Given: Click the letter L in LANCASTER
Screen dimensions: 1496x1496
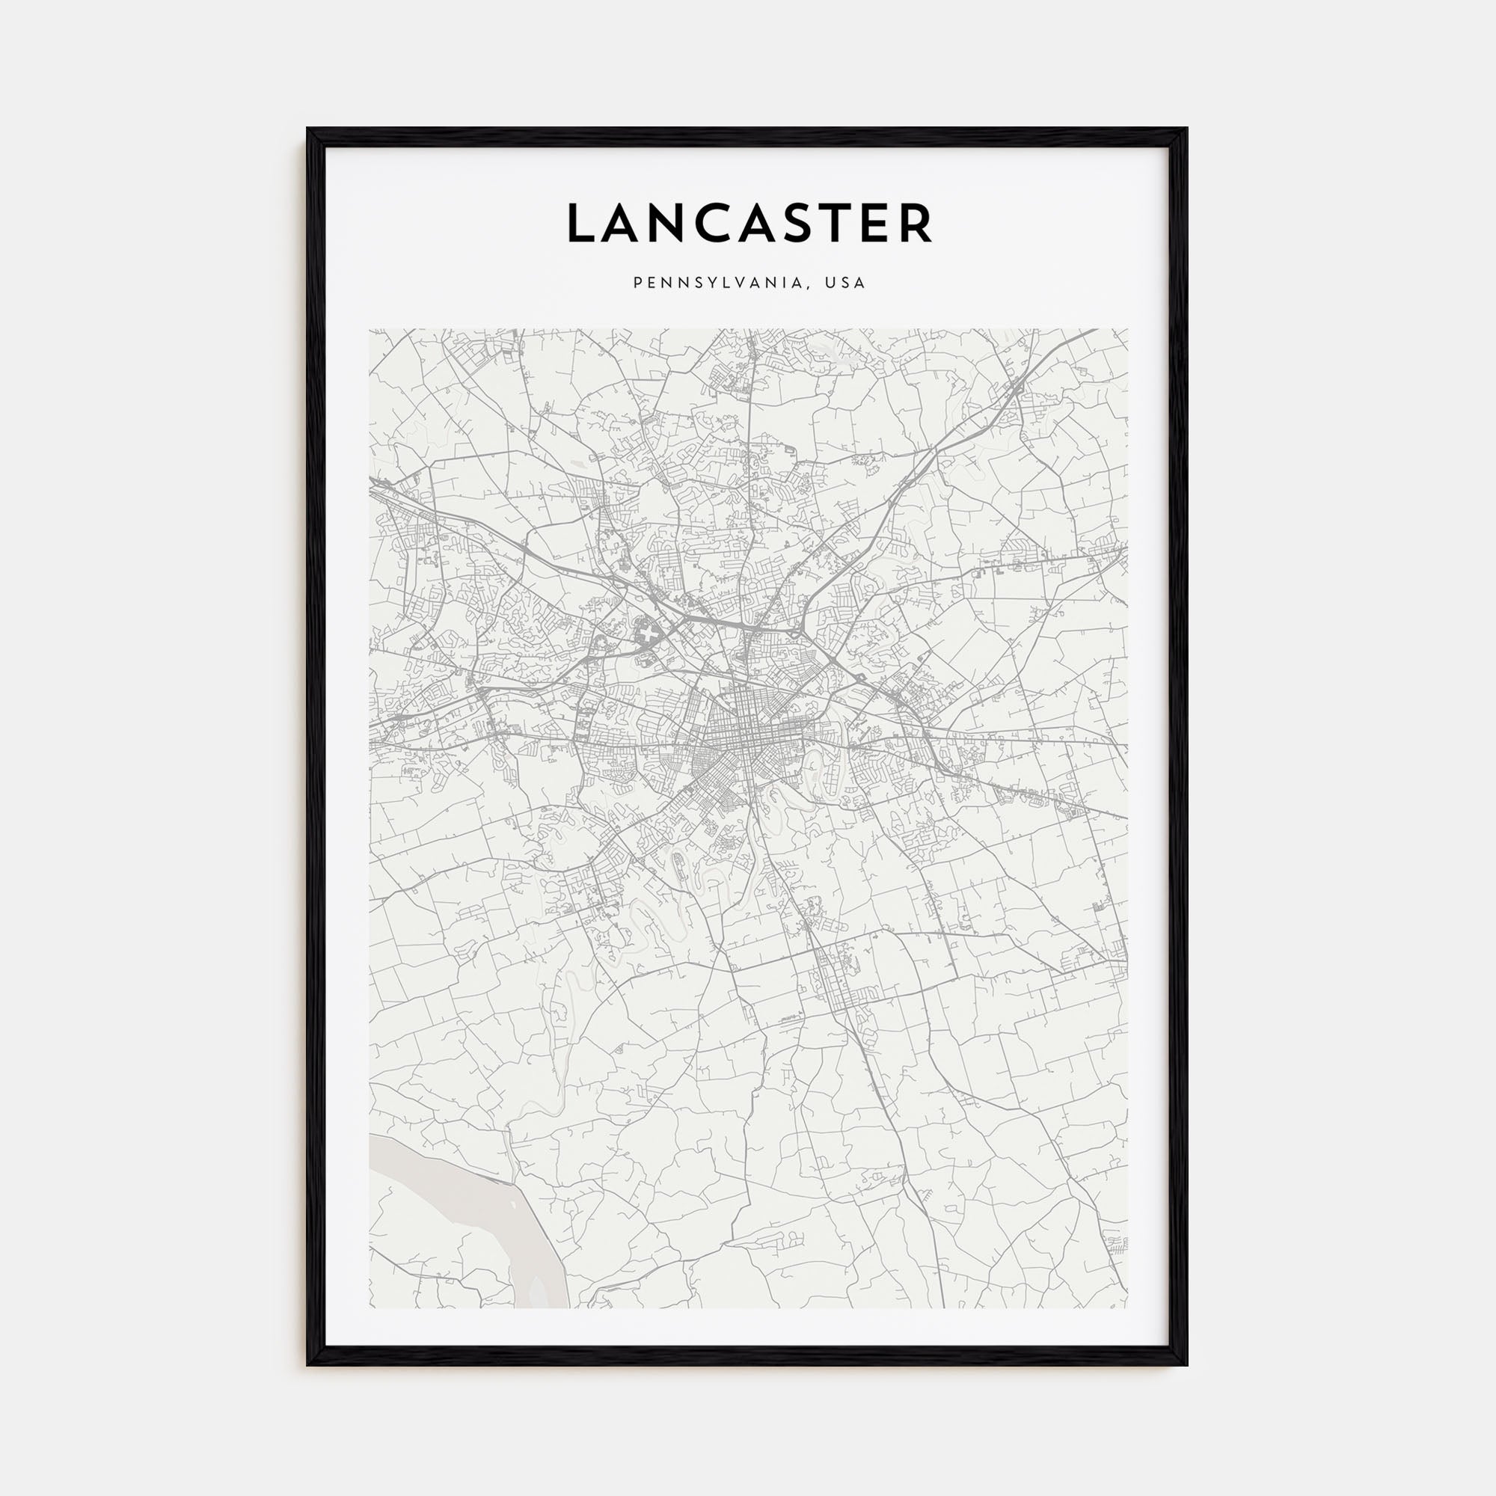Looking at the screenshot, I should tap(581, 224).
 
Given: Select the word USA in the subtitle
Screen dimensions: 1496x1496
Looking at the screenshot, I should tap(844, 283).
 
